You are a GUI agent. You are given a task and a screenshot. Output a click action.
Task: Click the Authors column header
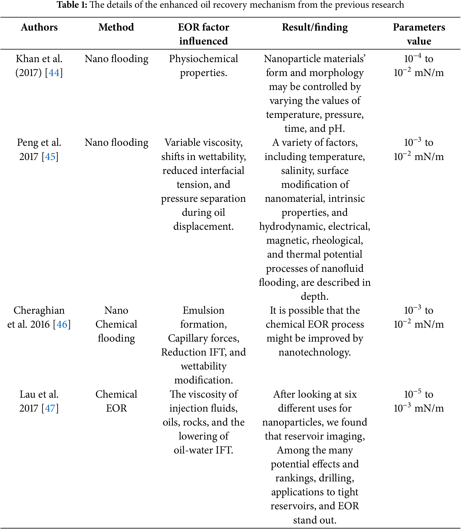[x=39, y=27]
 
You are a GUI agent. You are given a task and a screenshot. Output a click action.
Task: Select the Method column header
[x=116, y=27]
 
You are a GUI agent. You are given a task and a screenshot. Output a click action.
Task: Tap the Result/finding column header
[x=315, y=27]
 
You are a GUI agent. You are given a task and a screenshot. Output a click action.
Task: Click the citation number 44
[x=54, y=73]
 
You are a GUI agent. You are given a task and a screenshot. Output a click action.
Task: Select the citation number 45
[x=50, y=157]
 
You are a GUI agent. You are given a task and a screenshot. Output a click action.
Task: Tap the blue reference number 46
[x=62, y=325]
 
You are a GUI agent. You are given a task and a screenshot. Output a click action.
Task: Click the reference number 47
[x=50, y=408]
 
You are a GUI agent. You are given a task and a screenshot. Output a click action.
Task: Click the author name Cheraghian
[x=39, y=310]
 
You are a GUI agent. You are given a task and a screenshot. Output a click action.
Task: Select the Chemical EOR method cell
[x=116, y=401]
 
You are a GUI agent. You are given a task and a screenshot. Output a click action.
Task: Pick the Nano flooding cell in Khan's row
[x=116, y=59]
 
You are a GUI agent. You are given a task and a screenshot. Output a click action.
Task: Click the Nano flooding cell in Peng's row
[x=116, y=143]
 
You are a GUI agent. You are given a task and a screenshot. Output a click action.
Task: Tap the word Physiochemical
[x=203, y=59]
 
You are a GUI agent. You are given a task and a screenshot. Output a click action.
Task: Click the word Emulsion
[x=203, y=310]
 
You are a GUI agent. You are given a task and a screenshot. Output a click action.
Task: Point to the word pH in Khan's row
[x=337, y=128]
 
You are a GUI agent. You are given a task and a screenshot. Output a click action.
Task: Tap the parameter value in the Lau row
[x=418, y=401]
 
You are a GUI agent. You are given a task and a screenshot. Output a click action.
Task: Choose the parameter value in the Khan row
[x=418, y=66]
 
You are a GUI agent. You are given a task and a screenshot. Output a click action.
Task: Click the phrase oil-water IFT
[x=203, y=450]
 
